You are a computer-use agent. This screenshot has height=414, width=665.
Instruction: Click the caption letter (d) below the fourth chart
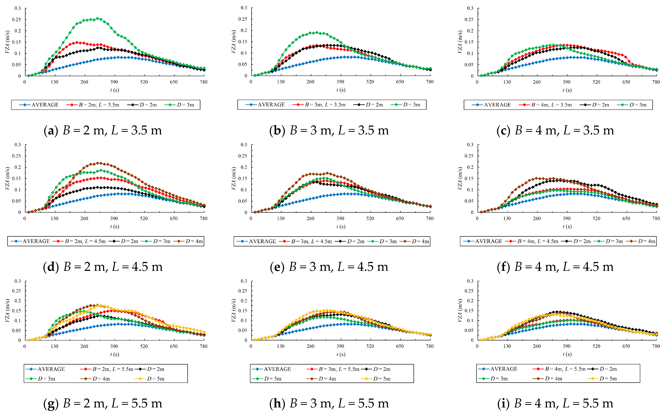(51, 267)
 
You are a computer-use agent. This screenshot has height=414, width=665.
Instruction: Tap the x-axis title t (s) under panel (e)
(341, 226)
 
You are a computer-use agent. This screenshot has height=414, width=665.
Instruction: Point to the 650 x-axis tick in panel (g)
(174, 346)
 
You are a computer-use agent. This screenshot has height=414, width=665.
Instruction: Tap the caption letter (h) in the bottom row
(277, 403)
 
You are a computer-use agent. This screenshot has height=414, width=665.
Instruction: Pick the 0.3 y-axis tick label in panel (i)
(470, 281)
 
